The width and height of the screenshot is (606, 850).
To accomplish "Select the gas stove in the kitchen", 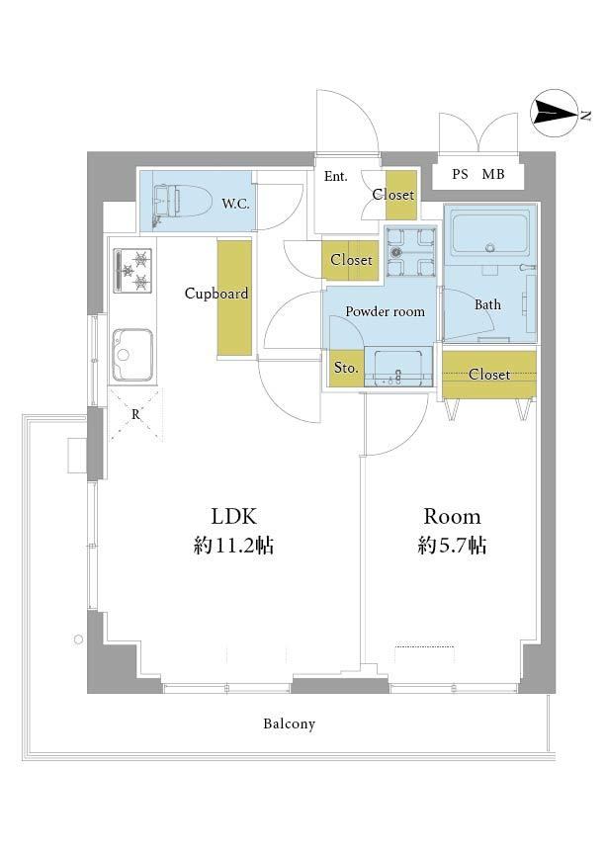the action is click(132, 270).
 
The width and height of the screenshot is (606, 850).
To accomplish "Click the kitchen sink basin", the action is click(132, 355).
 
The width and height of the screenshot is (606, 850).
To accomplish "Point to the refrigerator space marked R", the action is click(135, 413).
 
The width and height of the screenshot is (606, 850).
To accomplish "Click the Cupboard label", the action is click(216, 294).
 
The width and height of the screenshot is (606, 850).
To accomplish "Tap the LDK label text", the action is click(233, 516).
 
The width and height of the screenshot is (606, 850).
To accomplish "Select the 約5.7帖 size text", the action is click(452, 545).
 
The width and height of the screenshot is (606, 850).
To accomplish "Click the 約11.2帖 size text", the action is click(233, 545).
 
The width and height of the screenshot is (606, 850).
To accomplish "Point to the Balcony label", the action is click(289, 723).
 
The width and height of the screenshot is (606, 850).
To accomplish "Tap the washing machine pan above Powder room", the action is click(410, 251).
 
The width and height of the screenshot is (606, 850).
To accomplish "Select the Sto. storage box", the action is click(346, 369).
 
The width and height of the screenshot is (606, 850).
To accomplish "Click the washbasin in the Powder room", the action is click(397, 367).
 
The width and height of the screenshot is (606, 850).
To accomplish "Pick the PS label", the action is click(460, 175).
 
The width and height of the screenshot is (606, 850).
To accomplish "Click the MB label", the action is click(493, 175).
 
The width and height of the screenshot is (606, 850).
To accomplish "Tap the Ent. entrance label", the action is click(335, 176).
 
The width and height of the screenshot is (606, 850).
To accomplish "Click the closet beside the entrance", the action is click(401, 195).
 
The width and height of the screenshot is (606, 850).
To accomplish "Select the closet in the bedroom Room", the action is click(489, 375).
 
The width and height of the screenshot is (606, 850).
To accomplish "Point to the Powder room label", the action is click(385, 311).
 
